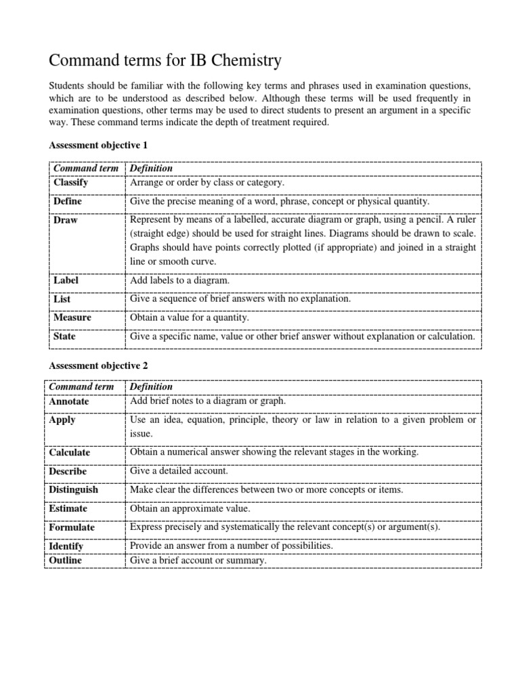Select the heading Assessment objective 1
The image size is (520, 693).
coord(98,145)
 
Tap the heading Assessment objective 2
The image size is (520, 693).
coord(98,365)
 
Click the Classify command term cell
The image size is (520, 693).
coord(70,183)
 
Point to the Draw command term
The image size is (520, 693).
coord(65,221)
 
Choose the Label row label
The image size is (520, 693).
coord(66,280)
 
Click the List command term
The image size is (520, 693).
coord(62,298)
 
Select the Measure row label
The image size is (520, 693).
coord(72,317)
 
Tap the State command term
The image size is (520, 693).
coord(64,336)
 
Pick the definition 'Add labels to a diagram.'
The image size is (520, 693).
coord(180,280)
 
